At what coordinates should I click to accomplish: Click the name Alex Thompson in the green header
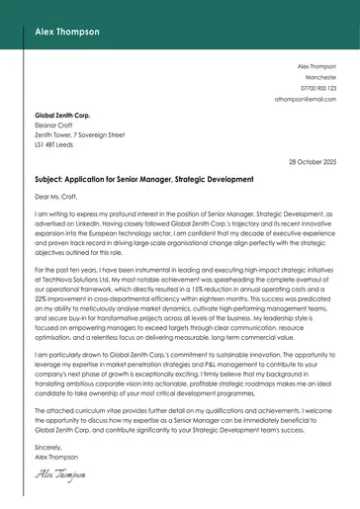pyautogui.click(x=66, y=32)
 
